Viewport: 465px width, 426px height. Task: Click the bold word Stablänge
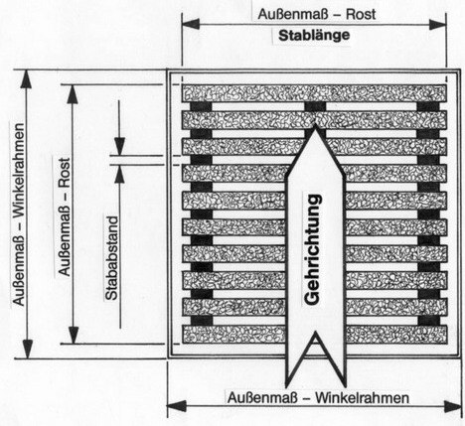point(314,36)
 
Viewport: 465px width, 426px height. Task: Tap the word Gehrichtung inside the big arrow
point(313,249)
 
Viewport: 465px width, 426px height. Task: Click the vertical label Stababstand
point(112,258)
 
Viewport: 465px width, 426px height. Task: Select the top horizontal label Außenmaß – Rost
point(317,14)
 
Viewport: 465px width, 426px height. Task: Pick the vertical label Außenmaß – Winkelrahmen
point(19,214)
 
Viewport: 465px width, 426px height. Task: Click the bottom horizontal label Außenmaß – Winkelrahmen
point(318,397)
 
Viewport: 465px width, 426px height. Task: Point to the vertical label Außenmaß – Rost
point(65,216)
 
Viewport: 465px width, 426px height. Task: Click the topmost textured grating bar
point(314,93)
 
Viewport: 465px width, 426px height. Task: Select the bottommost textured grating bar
point(314,334)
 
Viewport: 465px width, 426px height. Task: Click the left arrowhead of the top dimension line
point(191,24)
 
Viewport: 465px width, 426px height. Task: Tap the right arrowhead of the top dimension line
point(437,24)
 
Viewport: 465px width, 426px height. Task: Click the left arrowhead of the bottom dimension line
point(176,406)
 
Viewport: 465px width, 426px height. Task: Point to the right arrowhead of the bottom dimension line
point(453,406)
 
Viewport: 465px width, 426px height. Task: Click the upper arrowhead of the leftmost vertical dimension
point(26,79)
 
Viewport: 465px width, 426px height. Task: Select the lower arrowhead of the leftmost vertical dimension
point(27,350)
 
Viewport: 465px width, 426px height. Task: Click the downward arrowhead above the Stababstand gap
point(119,146)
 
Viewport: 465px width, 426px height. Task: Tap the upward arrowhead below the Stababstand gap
point(119,174)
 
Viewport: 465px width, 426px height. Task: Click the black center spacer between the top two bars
point(315,106)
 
